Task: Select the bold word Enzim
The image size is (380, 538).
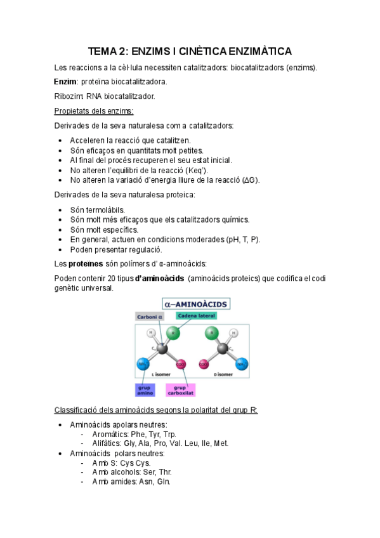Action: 65,82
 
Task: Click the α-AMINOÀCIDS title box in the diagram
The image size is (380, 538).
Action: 197,303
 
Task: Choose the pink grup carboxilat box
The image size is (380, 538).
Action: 180,390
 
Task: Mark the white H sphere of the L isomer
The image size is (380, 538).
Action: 152,332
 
